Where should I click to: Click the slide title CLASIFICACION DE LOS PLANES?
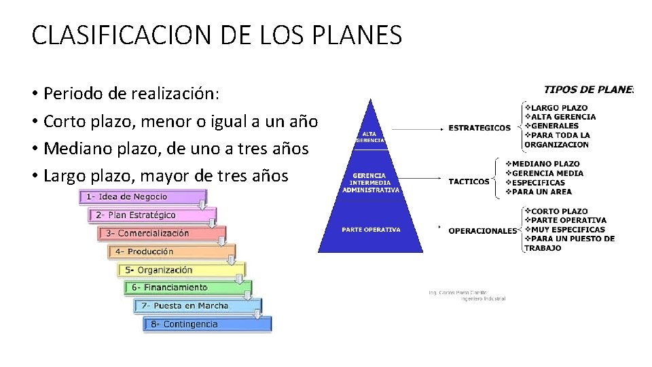coord(217,35)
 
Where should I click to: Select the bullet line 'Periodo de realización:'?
coord(132,93)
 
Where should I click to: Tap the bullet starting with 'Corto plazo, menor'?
coord(180,122)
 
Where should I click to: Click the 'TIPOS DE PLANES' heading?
coord(588,90)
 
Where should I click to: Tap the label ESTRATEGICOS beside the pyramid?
coord(479,128)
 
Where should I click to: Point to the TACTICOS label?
coord(469,181)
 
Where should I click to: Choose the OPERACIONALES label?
coord(482,231)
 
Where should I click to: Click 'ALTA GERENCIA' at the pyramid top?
coord(370,137)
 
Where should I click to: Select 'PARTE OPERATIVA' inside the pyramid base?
coord(371,230)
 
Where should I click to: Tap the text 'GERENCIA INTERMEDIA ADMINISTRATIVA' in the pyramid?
coord(371,183)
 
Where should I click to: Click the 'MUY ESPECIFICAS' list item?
coord(568,230)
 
